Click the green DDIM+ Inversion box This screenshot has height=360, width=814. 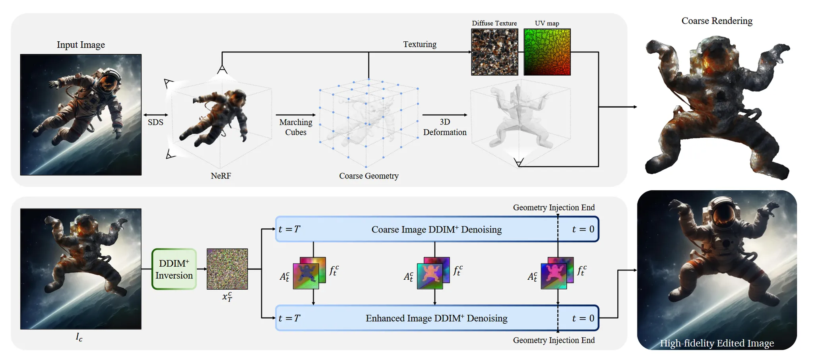(x=174, y=269)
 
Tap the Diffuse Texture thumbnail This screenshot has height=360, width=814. (x=494, y=52)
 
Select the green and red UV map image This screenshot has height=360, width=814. (x=547, y=52)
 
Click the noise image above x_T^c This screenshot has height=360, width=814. (x=227, y=269)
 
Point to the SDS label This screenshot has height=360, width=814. (x=155, y=122)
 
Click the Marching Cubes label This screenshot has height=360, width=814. (x=296, y=127)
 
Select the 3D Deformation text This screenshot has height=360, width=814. (x=445, y=127)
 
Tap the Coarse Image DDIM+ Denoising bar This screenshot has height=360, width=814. (x=436, y=229)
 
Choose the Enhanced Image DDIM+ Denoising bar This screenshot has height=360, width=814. (x=436, y=318)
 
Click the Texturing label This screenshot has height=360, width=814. (x=420, y=44)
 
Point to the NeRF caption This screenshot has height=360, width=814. (x=221, y=176)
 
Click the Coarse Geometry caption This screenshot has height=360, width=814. (x=368, y=176)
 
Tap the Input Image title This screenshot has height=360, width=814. (x=81, y=45)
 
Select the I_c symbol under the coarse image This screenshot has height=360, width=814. (x=79, y=337)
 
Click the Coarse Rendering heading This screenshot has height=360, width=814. (x=717, y=21)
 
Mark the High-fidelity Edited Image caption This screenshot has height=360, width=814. (x=717, y=343)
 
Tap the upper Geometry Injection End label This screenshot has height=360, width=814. (x=554, y=207)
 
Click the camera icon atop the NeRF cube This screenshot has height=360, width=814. (x=222, y=70)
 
